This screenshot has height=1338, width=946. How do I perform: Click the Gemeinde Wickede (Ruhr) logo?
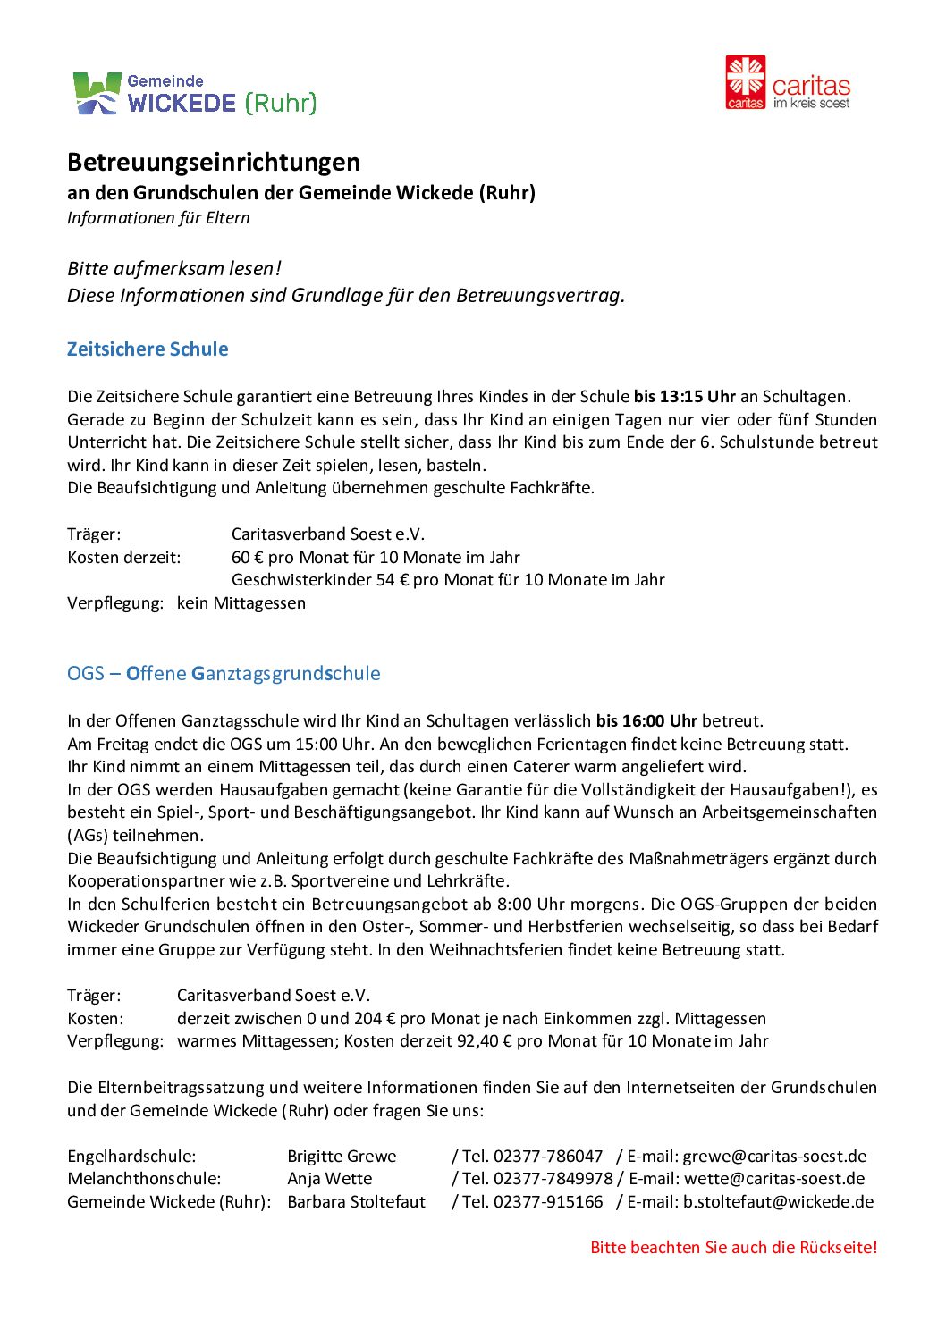coord(194,94)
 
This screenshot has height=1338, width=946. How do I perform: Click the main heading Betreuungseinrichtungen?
coord(214,163)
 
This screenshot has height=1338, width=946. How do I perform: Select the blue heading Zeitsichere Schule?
coord(148,349)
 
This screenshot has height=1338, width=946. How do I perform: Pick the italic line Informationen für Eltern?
coord(158,218)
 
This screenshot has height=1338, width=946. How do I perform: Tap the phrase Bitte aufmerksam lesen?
coord(174,269)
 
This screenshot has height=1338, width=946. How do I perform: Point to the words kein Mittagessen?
coord(241,603)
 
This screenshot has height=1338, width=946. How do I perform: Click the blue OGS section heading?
coord(224,674)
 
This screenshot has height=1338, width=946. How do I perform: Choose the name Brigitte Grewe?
coord(342,1157)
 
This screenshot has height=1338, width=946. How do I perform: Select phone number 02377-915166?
coord(548,1202)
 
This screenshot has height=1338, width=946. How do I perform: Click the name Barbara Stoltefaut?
coord(356,1202)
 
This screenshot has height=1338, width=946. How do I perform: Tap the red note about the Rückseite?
coord(733,1248)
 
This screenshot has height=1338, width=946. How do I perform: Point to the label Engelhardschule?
coord(131,1157)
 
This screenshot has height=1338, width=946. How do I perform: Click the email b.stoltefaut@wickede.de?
coord(778,1202)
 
